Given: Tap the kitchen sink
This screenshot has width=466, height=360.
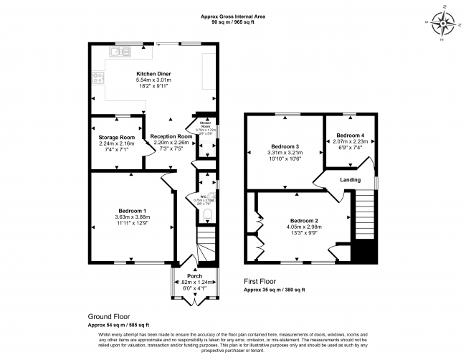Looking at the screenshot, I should pyautogui.click(x=120, y=52).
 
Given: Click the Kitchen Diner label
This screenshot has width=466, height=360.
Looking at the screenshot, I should pyautogui.click(x=152, y=74).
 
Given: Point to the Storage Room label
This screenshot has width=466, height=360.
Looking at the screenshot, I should pyautogui.click(x=116, y=137).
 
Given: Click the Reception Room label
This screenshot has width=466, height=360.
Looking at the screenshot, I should pyautogui.click(x=171, y=136).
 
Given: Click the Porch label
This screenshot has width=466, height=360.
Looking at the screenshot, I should pyautogui.click(x=195, y=276).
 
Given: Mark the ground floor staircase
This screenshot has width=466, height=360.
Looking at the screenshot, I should pyautogui.click(x=206, y=244).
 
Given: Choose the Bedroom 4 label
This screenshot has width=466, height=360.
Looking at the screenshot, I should pyautogui.click(x=351, y=136).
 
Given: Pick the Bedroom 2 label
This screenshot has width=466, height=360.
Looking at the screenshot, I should pyautogui.click(x=305, y=221).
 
